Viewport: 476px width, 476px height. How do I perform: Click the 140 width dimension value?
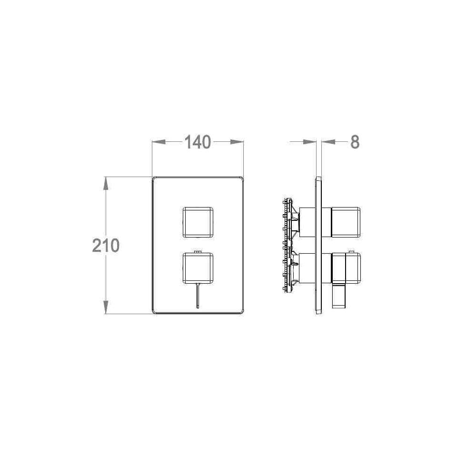198,142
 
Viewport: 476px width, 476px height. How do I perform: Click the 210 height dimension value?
106,246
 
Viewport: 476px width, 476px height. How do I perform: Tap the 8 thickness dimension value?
355,142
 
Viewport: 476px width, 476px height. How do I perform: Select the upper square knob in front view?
198,222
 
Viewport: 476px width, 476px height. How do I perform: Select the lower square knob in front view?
198,268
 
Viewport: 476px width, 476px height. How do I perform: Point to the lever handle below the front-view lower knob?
198,296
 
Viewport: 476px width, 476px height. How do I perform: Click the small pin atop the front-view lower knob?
198,252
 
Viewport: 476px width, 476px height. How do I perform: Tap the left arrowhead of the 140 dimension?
159,142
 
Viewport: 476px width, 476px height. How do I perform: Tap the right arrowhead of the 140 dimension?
237,142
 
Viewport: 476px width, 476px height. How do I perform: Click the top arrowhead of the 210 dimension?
106,183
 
